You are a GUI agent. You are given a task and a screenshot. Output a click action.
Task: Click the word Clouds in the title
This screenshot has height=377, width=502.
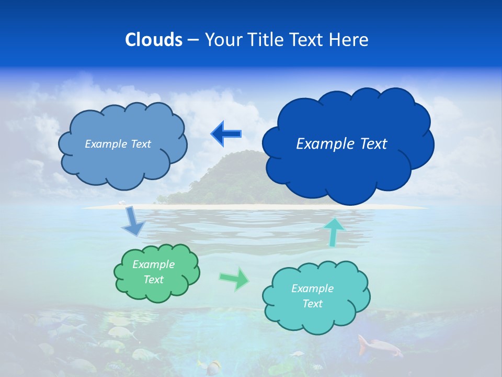pos(154,40)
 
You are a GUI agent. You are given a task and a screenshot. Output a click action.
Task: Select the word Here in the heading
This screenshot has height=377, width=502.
pos(350,40)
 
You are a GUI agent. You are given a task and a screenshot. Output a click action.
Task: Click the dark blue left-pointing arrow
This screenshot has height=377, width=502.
pos(226,134)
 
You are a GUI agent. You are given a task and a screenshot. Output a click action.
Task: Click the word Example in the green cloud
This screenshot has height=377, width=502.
pos(153,264)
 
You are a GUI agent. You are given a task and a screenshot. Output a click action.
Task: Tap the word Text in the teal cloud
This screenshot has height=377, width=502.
pos(312,304)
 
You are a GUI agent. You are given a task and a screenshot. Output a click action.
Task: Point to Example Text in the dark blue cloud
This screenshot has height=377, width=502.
pos(341,144)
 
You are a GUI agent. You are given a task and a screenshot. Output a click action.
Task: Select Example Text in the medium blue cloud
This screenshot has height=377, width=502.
pos(118,144)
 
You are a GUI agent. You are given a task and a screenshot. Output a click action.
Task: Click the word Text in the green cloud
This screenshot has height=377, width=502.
pos(153,280)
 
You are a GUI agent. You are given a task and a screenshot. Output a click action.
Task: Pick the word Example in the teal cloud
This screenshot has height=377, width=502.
pos(312,289)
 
